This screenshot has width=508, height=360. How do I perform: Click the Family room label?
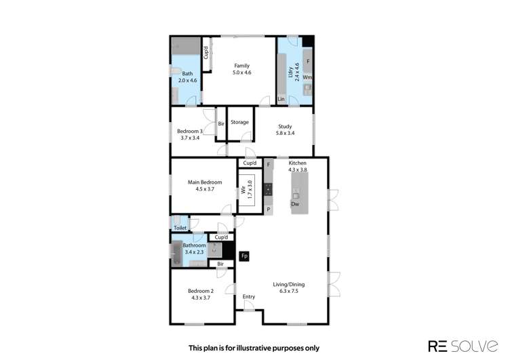coord(242,66)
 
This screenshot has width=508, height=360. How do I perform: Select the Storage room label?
coord(239,123)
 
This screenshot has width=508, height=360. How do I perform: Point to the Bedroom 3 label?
coord(190,131)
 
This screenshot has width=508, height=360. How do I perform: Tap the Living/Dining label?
coord(289,285)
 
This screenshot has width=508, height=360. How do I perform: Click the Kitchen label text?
coord(298,163)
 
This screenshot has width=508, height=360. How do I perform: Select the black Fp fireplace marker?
coord(245,256)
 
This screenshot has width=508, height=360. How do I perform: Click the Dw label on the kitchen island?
coord(295,204)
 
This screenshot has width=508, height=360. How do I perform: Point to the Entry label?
coord(249,296)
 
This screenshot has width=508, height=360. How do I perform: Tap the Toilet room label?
coord(180,228)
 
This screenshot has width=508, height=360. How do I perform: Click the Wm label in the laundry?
coord(307,78)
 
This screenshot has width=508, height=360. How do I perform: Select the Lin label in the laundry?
coord(281,100)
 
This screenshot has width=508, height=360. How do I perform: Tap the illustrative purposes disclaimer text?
coord(254,348)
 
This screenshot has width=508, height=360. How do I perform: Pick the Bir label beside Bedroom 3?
coord(221,123)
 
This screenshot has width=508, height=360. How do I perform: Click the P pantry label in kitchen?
coord(269,209)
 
